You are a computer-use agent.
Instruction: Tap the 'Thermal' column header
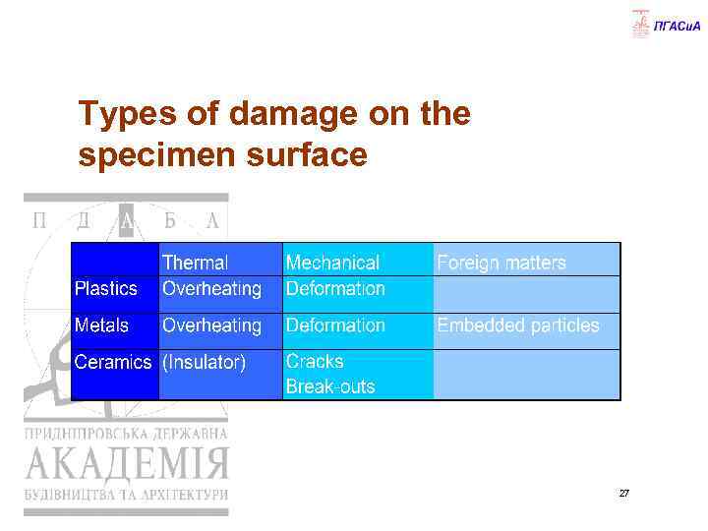point(195,263)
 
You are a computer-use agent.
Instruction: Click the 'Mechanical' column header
point(332,263)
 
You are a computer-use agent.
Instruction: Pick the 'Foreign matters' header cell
point(501,263)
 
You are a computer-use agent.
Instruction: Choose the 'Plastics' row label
point(106,288)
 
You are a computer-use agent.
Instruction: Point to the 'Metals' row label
point(102,324)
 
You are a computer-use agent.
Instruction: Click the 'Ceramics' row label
point(113,362)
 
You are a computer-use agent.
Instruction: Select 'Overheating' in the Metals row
point(211,324)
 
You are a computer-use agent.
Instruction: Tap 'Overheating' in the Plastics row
point(211,288)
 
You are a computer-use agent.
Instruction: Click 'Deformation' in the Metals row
point(335,324)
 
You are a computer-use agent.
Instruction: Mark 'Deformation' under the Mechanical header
point(335,288)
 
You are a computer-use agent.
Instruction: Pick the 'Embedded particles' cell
point(517,324)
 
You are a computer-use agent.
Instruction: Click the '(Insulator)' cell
point(204,362)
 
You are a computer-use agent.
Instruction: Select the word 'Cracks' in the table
point(316,361)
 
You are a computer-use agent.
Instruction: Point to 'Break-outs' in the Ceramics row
point(330,386)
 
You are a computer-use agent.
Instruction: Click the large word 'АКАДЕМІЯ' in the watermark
point(126,461)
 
